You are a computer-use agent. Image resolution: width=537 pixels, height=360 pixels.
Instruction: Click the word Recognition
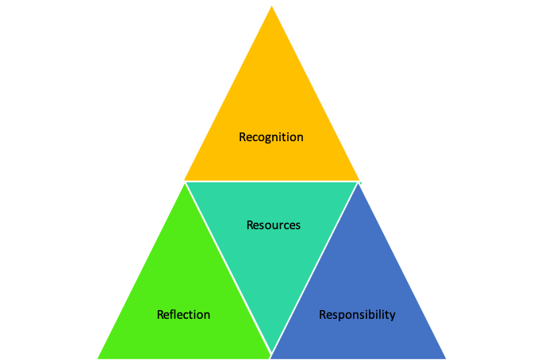point(270,137)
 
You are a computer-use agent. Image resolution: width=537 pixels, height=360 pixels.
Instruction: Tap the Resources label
point(273,225)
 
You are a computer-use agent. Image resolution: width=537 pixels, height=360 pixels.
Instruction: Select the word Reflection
point(183,315)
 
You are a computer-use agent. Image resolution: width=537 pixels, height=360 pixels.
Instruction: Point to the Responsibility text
point(357,315)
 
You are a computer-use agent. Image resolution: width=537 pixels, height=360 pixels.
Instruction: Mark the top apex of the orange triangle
point(271,5)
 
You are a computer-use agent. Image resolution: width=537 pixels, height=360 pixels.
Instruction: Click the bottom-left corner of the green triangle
point(98,358)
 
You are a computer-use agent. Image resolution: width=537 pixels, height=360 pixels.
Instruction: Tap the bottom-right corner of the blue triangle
point(446,358)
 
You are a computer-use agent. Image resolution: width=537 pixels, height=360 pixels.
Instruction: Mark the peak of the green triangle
point(185,183)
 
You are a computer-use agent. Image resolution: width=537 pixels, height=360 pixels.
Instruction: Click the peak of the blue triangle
point(359,183)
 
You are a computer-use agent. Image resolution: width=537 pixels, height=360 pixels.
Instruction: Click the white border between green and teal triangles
point(228,269)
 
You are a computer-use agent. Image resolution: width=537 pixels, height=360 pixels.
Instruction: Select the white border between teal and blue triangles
point(315,269)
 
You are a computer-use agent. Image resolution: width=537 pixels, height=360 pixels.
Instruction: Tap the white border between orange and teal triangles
point(271,182)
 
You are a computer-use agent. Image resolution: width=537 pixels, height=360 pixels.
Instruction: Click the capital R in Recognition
point(243,137)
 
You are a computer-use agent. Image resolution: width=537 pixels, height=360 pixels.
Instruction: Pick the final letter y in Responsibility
point(392,316)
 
